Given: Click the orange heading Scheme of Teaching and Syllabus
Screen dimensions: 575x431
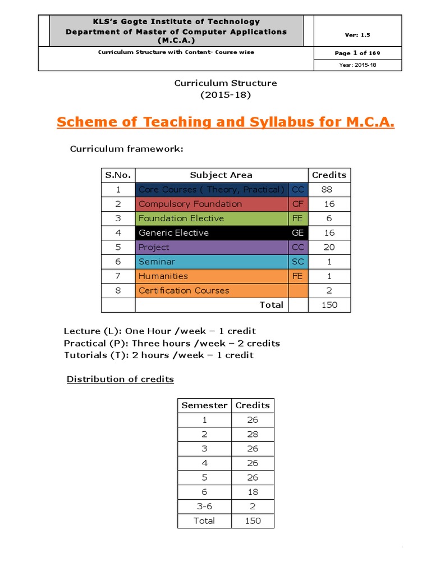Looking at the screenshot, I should (x=225, y=122).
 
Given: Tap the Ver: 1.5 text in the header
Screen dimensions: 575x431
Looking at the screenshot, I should (x=357, y=35).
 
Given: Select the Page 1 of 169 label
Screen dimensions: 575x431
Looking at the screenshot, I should (x=357, y=53).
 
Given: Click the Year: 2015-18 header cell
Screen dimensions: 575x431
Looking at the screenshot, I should (x=357, y=65).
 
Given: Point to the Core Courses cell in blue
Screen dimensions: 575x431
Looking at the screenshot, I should (x=212, y=189).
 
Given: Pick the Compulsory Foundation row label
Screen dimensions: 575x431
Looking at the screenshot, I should (x=190, y=204).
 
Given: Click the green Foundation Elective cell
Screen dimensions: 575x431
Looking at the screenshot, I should (x=181, y=218).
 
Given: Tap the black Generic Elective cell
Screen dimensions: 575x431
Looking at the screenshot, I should (x=173, y=232).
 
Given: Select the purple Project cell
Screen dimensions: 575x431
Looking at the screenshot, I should (x=154, y=247).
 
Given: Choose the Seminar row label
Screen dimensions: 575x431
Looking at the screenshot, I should (x=157, y=262).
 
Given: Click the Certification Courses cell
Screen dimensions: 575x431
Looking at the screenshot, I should (x=184, y=290).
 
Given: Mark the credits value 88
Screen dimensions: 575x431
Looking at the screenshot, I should (x=327, y=189).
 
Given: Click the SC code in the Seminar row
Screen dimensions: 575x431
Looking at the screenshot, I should (x=297, y=262).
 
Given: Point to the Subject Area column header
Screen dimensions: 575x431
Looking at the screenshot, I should (x=221, y=175).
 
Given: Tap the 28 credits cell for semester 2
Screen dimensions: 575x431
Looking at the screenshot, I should (x=253, y=434).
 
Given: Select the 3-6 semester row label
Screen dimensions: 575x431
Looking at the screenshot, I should (x=204, y=506).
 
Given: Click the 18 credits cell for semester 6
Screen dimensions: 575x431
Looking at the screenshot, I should (x=253, y=492).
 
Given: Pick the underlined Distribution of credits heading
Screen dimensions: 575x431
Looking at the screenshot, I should (x=120, y=379).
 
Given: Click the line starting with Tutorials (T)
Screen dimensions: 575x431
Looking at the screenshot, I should (x=159, y=355).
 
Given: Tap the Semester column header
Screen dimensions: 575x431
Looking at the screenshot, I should (x=204, y=405).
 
